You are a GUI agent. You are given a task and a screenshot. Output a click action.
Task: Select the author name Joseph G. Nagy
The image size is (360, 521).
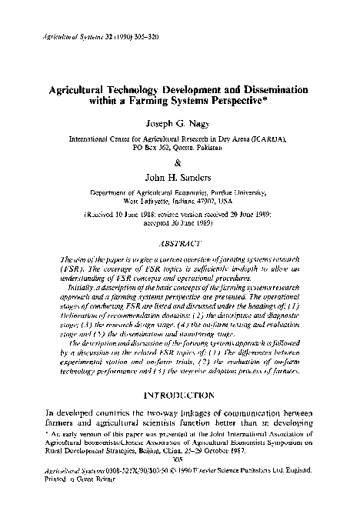click(x=179, y=123)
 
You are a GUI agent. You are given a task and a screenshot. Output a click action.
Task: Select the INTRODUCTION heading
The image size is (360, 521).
click(x=179, y=398)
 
